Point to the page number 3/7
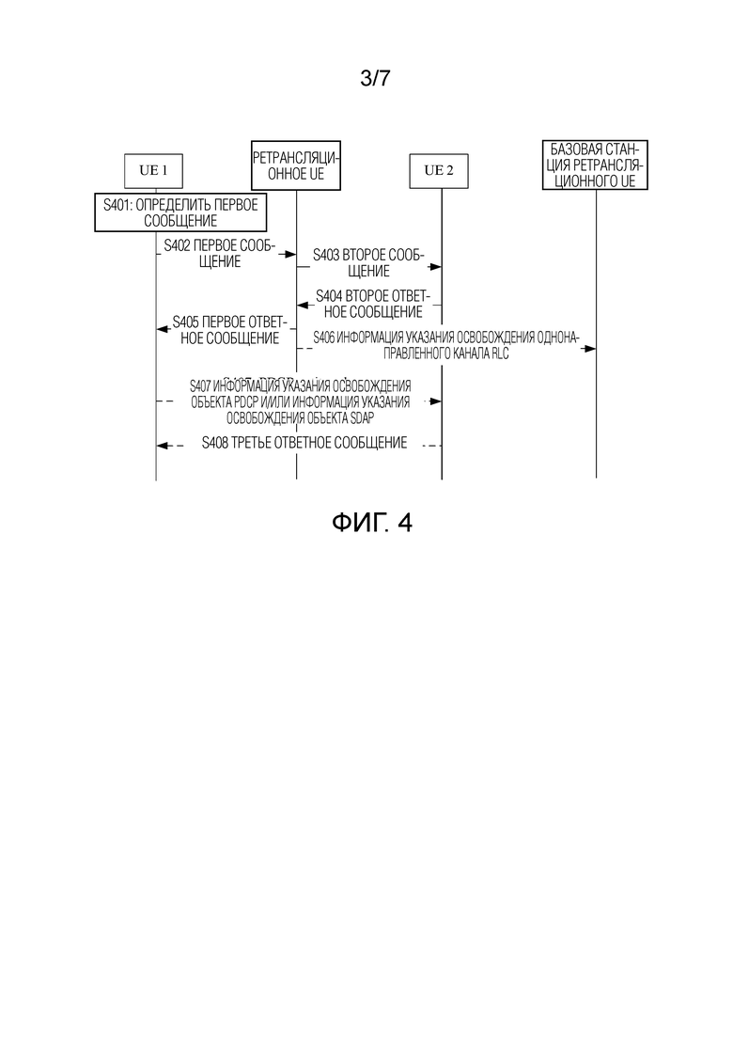click(x=375, y=78)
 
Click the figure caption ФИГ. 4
click(x=372, y=523)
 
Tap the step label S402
click(x=177, y=246)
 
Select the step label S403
click(x=326, y=256)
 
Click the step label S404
click(x=329, y=295)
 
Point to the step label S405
click(x=186, y=322)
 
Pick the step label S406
click(x=324, y=338)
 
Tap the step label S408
click(x=215, y=443)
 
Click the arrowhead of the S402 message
click(x=290, y=254)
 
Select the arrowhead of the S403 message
click(x=435, y=266)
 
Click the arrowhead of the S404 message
click(x=303, y=305)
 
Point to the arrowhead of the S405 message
click(x=163, y=329)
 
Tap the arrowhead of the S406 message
click(x=589, y=349)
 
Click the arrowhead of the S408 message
click(x=163, y=446)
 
